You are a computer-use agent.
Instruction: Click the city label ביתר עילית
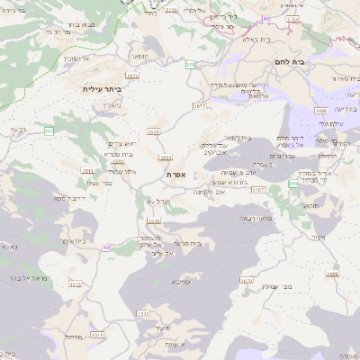click(100, 89)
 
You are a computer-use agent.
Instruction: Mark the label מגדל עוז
click(134, 201)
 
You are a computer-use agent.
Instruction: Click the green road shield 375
click(191, 65)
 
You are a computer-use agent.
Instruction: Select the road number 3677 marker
click(199, 105)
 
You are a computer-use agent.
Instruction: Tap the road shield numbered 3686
click(322, 110)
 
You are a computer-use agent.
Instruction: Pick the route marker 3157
click(258, 190)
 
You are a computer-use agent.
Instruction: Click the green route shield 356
click(292, 183)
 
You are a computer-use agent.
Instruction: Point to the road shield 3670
click(247, 281)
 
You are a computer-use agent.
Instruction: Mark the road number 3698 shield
click(332, 273)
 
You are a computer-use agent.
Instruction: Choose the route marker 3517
click(144, 313)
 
